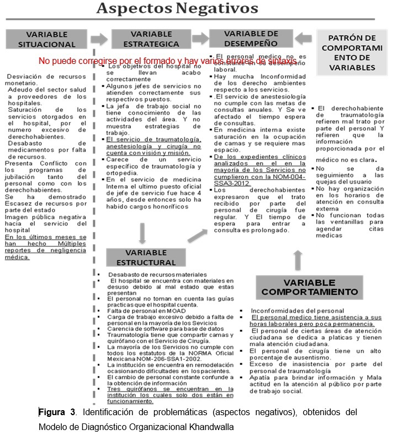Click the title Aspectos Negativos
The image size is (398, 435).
(177, 9)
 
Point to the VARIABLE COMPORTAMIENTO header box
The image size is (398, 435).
(310, 287)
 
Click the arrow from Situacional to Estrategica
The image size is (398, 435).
(99, 39)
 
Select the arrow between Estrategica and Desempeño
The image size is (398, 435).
(198, 39)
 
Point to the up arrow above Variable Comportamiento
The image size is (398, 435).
(298, 257)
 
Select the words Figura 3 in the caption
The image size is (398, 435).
(54, 412)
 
